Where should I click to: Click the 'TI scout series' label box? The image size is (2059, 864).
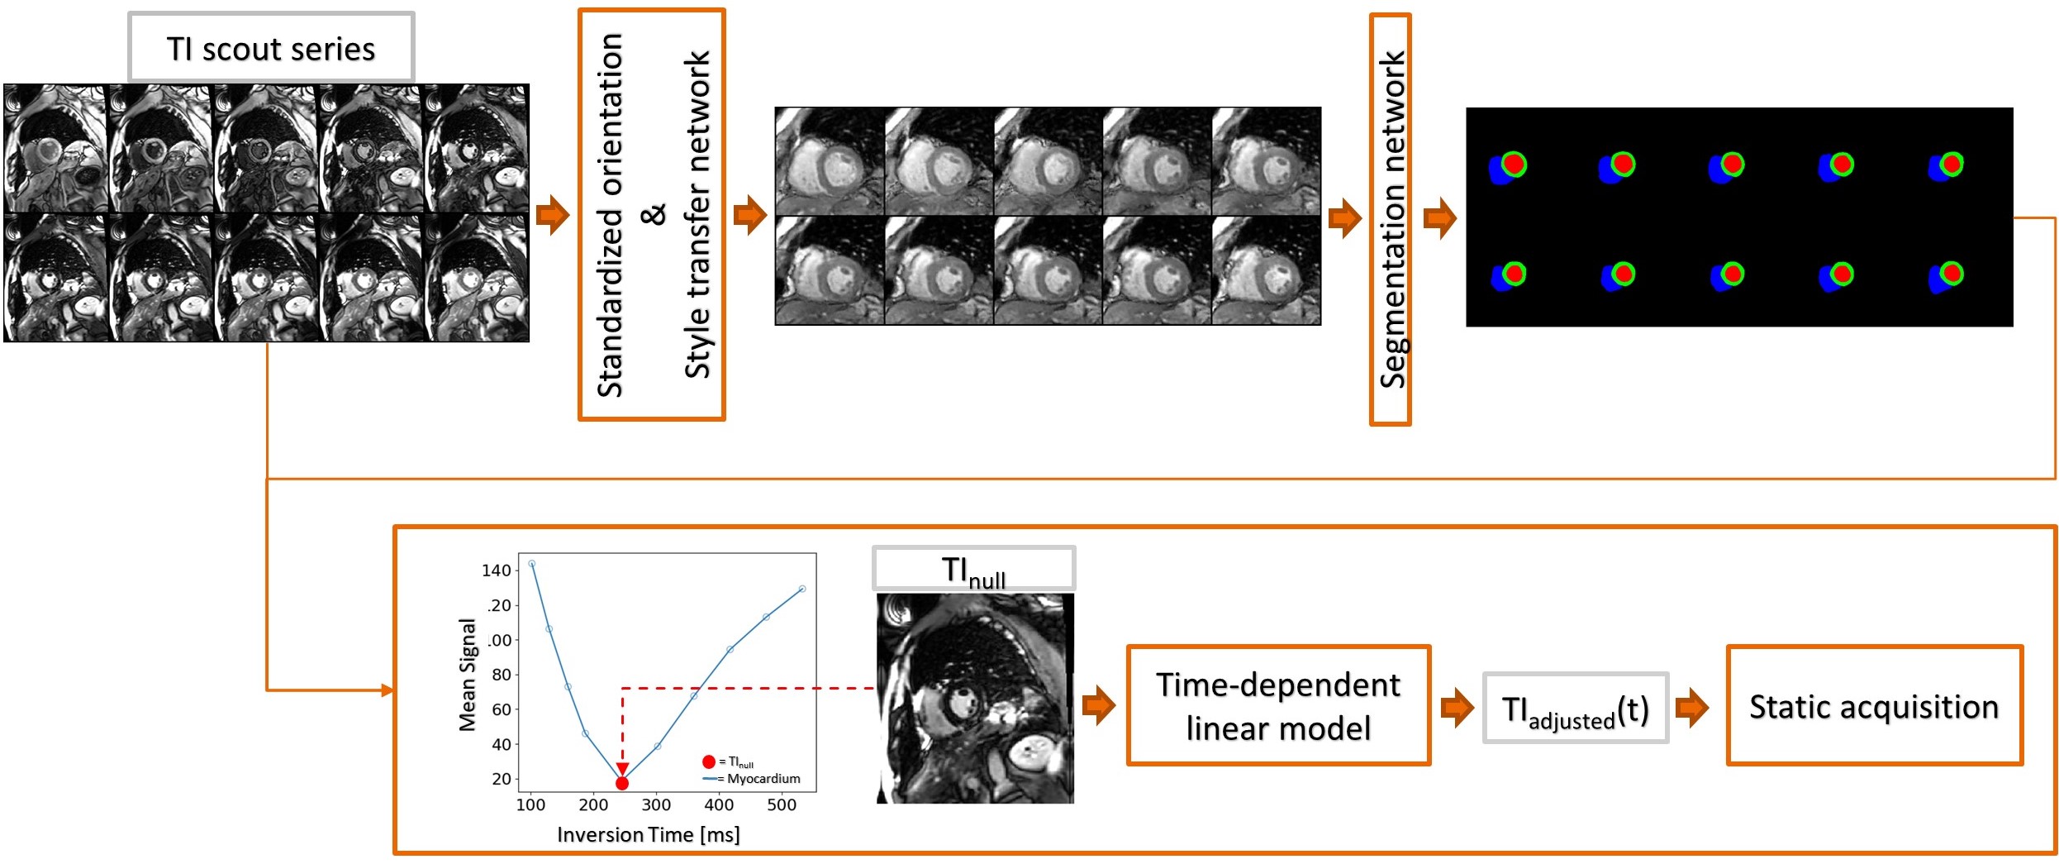[271, 48]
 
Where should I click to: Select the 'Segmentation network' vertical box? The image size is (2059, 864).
[1391, 220]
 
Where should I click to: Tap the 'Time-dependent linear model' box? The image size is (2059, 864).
[1278, 706]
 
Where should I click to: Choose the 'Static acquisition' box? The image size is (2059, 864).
[1874, 706]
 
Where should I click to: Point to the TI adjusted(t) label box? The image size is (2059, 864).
[1576, 709]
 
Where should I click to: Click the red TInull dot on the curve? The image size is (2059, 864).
[622, 783]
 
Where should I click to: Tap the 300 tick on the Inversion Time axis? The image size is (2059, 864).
[656, 804]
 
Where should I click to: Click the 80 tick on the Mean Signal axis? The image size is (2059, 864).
[501, 675]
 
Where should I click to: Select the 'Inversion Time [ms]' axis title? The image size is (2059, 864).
[649, 835]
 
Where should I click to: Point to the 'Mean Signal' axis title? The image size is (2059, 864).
[468, 675]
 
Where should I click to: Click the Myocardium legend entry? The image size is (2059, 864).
[752, 779]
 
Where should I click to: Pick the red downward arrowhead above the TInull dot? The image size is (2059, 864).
[622, 769]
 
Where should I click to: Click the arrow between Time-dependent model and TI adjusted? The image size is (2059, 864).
[1456, 708]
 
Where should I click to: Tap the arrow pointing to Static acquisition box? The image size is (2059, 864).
[1691, 708]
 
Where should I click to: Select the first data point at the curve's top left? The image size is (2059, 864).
[531, 564]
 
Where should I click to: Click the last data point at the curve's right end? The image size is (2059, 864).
[801, 589]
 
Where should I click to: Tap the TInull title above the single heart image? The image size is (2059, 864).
[973, 570]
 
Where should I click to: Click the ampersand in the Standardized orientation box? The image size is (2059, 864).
[653, 214]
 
